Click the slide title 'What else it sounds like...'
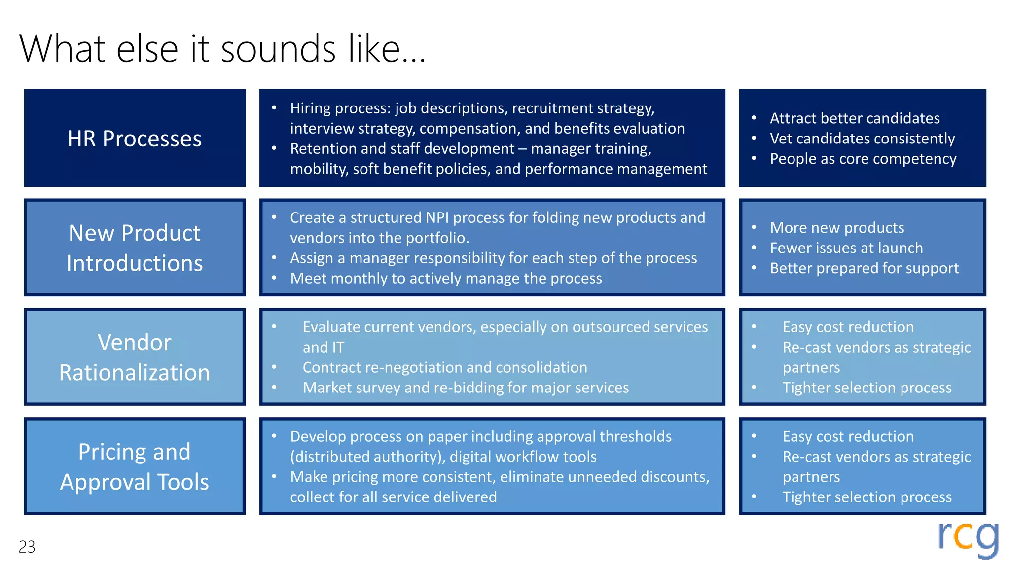point(222,49)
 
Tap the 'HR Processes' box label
point(135,139)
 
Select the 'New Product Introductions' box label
point(135,248)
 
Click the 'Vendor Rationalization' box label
point(135,357)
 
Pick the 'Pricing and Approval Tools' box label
point(135,466)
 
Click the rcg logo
point(968,539)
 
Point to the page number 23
point(27,547)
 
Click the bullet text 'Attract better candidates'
point(855,118)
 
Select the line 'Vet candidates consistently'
point(862,139)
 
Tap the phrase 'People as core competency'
point(863,159)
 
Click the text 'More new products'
point(837,228)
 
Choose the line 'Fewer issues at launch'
point(846,248)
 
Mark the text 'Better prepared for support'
point(864,268)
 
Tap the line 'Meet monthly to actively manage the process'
point(446,278)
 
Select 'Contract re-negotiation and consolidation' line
point(445,367)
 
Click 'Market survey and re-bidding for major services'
point(466,388)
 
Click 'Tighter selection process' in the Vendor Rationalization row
point(867,388)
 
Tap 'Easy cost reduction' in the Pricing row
point(848,436)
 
